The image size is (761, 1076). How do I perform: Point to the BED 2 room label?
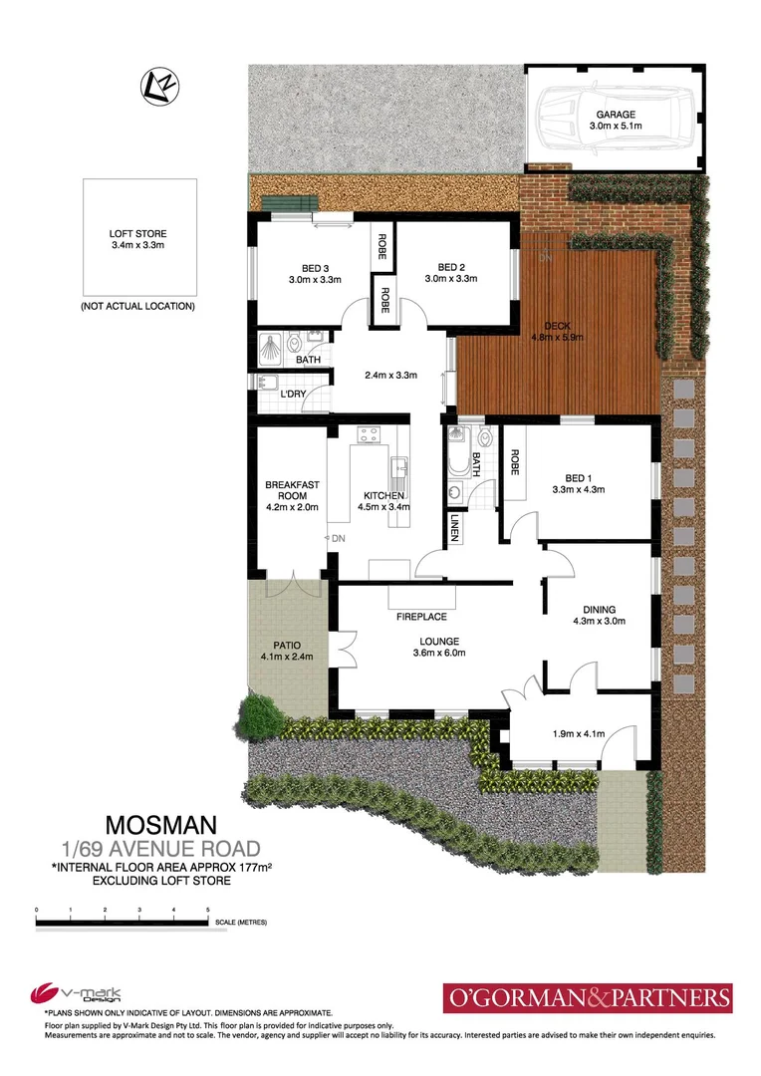[x=451, y=266]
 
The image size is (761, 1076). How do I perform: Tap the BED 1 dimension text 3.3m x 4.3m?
[x=578, y=489]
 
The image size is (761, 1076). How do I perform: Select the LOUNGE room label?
[x=418, y=641]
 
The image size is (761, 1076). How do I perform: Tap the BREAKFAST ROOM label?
[x=292, y=491]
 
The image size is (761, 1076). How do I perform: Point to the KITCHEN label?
[x=382, y=495]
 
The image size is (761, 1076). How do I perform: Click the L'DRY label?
[x=294, y=395]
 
